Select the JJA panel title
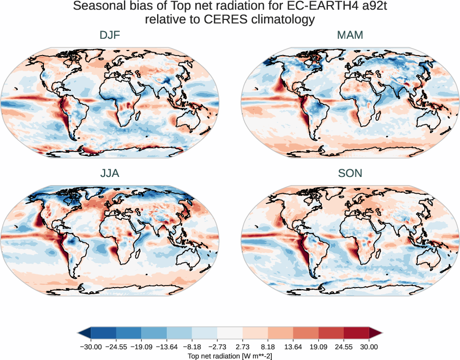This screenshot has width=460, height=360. click(x=110, y=173)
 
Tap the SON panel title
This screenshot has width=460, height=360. click(x=350, y=173)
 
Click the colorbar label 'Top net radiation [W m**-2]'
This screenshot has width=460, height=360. click(x=230, y=355)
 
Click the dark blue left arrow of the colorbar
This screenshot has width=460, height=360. click(x=85, y=333)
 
